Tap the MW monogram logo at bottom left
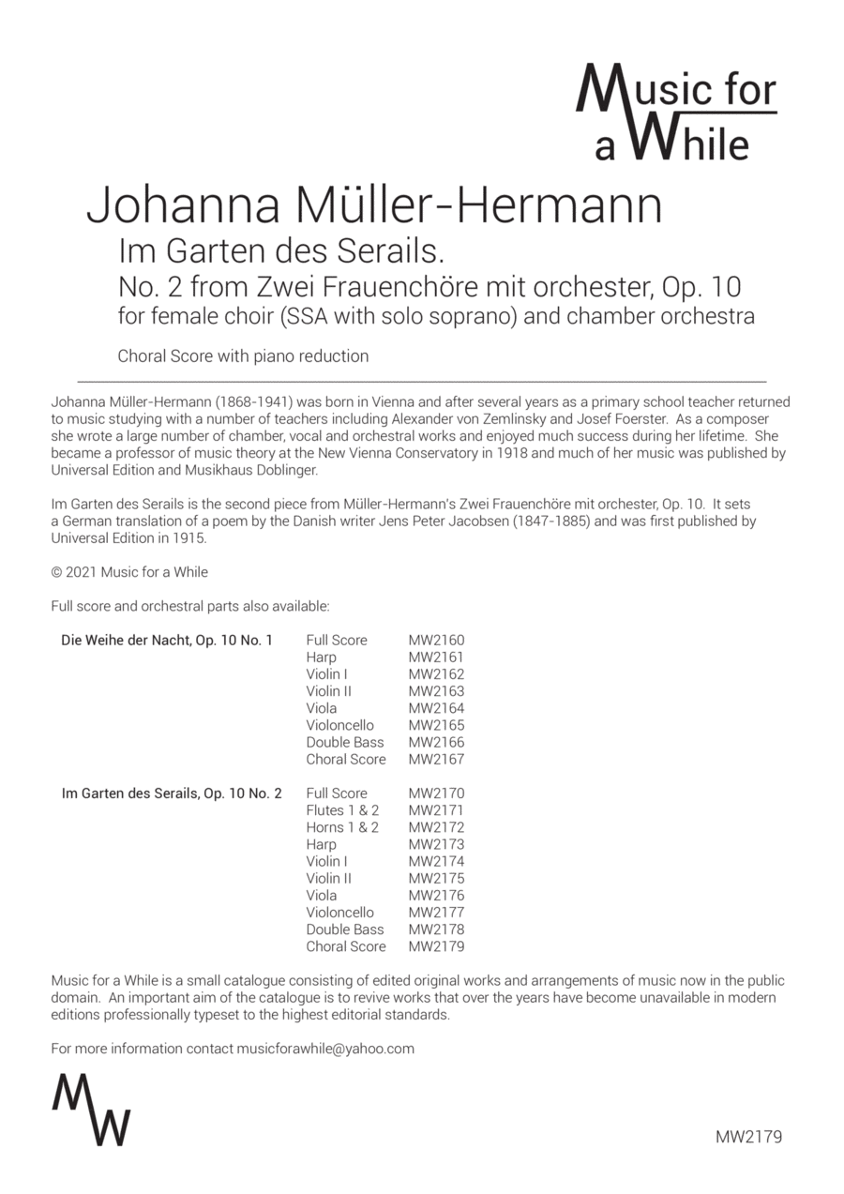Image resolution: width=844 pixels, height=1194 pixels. (91, 1109)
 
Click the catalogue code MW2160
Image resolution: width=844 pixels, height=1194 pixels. (436, 641)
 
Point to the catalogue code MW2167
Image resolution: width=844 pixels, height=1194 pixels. (436, 760)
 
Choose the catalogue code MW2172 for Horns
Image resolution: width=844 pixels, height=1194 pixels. (436, 827)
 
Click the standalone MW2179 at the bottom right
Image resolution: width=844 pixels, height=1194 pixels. (747, 1137)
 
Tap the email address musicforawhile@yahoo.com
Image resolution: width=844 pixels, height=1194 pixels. (325, 1049)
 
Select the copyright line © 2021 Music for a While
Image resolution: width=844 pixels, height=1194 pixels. (129, 572)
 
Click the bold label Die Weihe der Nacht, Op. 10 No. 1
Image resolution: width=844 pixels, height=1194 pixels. (167, 641)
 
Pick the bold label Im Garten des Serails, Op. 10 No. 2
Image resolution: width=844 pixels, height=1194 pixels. (172, 793)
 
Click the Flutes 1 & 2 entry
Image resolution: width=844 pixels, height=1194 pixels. (342, 810)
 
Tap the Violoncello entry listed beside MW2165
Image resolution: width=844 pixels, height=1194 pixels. (339, 725)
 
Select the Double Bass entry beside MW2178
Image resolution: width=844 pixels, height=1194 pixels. (344, 930)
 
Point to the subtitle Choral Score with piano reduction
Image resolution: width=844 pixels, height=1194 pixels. (243, 356)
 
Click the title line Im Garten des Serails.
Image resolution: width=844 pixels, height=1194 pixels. (280, 252)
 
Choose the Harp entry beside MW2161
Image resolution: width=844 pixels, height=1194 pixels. (321, 657)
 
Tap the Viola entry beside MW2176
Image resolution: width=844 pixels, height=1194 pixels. (321, 896)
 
